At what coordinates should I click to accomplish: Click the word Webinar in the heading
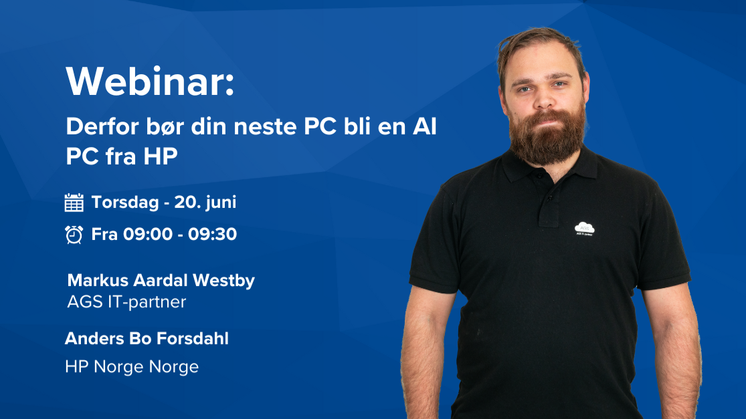145,81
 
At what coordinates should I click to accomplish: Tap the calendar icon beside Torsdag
74,202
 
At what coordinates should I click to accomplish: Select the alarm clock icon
74,235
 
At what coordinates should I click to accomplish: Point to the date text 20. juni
205,202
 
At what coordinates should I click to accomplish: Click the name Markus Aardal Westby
161,280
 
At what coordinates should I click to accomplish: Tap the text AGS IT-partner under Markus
126,301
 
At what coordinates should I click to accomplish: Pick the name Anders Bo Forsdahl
147,339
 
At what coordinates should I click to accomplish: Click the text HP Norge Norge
132,367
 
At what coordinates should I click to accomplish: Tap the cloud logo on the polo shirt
584,228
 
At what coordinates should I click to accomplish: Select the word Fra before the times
104,235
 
